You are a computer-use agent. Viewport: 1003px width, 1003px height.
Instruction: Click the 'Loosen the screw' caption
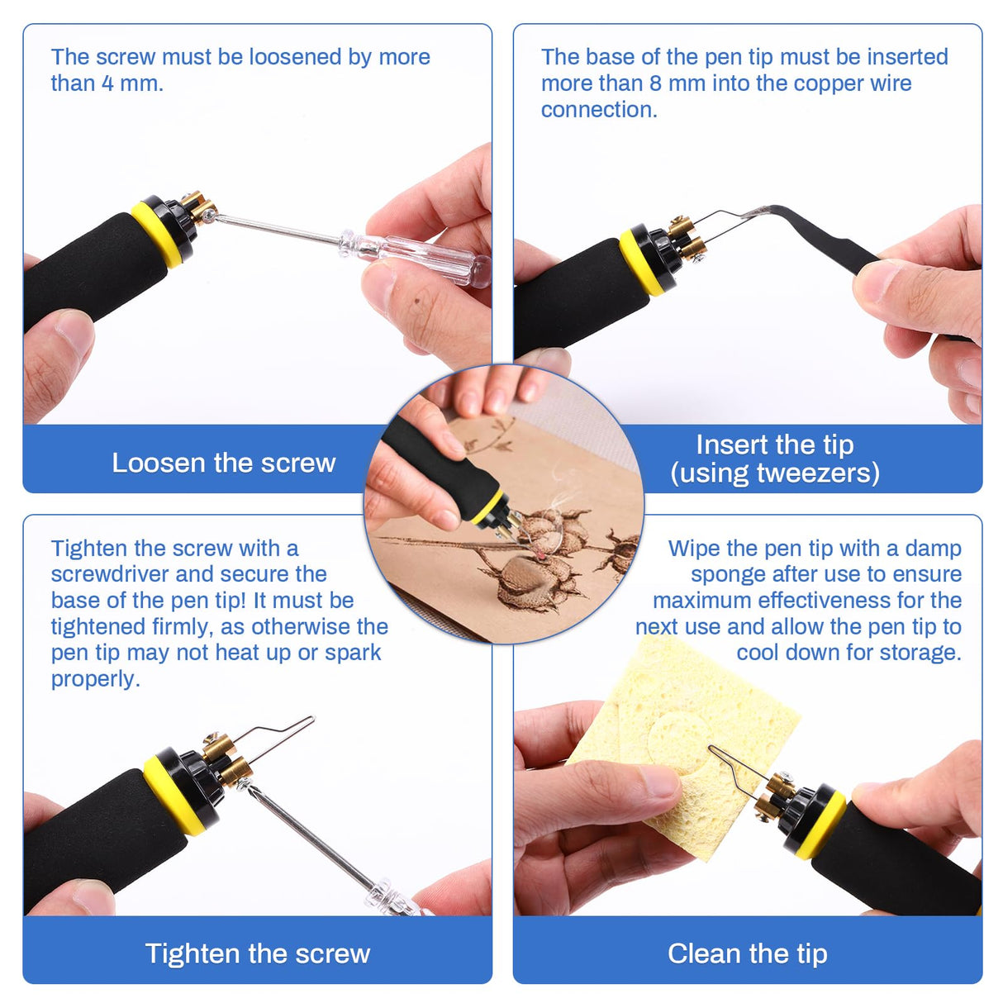point(223,463)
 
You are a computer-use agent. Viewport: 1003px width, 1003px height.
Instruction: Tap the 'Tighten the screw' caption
point(257,953)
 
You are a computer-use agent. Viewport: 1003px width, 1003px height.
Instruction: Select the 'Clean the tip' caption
point(747,953)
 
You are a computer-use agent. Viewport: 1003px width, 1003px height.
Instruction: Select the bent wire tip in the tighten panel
point(281,731)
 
